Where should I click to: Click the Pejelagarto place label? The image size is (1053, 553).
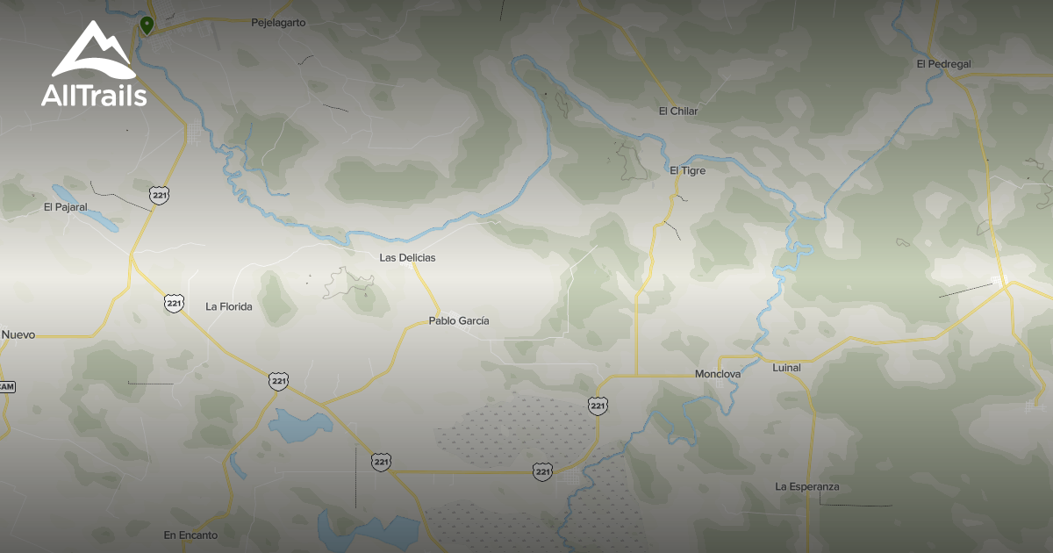278,23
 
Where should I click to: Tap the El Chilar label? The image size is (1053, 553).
677,111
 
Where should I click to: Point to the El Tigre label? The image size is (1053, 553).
687,170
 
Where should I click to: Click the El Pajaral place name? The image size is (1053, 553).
66,207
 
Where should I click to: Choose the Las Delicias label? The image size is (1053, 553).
407,258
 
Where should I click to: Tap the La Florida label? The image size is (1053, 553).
229,306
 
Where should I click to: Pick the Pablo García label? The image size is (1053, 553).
459,321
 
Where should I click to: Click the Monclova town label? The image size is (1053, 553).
718,374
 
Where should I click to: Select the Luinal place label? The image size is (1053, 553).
786,368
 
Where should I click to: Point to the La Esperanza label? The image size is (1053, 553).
807,486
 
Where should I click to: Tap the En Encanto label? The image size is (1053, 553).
190,535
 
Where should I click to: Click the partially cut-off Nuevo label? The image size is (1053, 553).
18,334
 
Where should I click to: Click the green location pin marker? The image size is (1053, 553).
147,25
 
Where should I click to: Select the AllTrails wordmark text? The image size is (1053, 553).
94,96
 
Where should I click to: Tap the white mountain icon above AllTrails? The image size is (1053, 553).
93,51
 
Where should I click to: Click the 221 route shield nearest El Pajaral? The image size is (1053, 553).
159,195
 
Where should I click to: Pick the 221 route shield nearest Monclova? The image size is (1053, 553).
598,405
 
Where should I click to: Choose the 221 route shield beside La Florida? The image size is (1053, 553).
174,303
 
